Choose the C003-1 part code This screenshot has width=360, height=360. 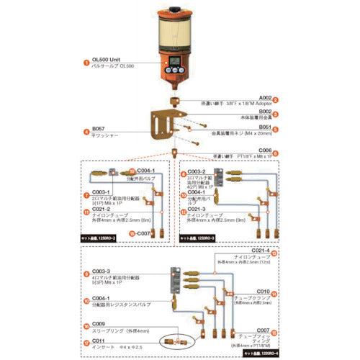pyautogui.click(x=101, y=192)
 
